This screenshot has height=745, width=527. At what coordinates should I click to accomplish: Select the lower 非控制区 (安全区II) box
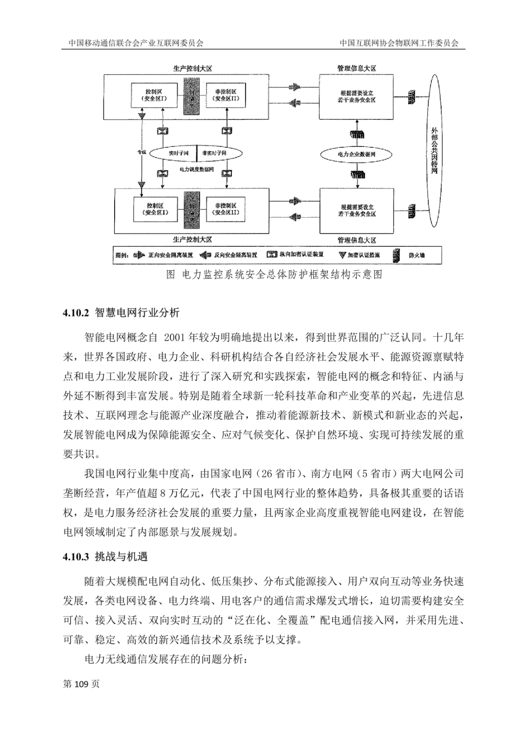click(225, 209)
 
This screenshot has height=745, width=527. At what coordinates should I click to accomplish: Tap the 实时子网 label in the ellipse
click(175, 153)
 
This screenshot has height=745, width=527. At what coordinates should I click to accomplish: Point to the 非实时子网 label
click(214, 153)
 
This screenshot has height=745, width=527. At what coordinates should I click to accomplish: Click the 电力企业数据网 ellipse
click(357, 154)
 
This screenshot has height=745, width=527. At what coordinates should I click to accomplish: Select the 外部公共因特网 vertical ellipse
click(434, 151)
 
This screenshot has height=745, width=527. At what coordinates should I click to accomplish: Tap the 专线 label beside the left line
click(142, 152)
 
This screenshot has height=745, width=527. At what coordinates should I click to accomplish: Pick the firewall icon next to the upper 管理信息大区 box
click(412, 96)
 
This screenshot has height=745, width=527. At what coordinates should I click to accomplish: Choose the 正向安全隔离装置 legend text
click(170, 255)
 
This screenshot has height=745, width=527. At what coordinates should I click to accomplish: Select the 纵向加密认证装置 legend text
click(302, 255)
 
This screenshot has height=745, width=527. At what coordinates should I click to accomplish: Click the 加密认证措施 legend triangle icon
click(343, 255)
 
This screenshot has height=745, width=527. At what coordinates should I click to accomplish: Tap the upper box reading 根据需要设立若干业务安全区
click(356, 96)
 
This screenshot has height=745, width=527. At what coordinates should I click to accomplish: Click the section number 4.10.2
click(76, 313)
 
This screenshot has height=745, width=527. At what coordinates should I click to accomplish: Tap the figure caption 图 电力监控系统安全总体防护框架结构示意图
click(274, 275)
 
